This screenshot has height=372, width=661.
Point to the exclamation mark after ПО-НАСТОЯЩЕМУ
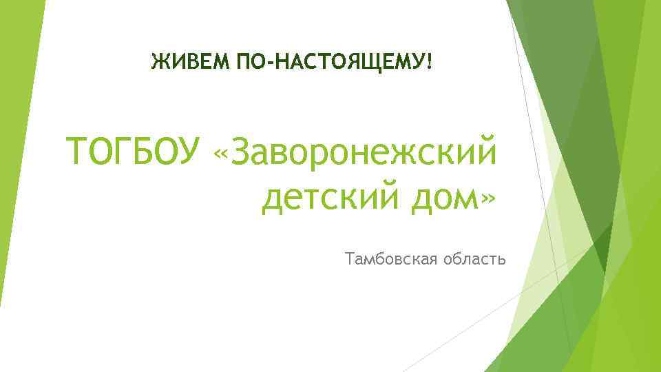pos(430,64)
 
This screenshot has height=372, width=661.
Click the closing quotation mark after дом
pos(487,200)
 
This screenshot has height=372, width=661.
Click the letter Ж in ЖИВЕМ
pos(159,64)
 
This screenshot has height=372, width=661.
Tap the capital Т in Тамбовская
pos(352,260)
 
